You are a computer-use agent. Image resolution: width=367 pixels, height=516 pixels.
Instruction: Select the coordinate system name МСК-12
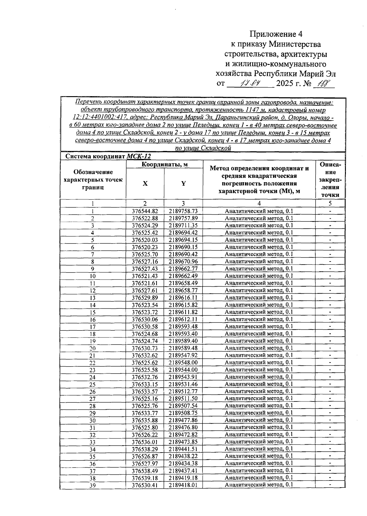139,156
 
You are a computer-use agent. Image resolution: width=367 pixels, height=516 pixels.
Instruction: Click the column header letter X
145,184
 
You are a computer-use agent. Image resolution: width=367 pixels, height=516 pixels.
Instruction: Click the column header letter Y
183,184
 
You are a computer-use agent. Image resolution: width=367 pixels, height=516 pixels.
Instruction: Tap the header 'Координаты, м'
165,165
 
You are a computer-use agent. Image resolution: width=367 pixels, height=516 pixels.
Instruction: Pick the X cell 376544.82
145,211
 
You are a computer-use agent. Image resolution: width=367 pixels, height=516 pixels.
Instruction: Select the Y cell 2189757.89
183,218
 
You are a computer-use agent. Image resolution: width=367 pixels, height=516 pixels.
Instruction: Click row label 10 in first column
92,276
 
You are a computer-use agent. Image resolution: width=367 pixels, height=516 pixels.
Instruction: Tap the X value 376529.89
145,298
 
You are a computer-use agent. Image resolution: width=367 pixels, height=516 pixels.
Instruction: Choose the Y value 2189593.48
183,326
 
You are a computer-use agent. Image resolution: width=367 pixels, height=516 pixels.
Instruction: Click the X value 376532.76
145,377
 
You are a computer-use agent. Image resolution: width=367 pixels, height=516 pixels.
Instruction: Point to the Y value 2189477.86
183,420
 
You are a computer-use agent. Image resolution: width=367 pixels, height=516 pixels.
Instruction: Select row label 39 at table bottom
92,485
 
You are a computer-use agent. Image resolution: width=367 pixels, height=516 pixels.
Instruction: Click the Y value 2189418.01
183,485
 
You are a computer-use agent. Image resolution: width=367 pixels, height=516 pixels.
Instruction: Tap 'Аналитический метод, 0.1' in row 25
259,384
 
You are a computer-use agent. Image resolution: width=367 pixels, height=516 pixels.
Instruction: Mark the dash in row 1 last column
330,211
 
